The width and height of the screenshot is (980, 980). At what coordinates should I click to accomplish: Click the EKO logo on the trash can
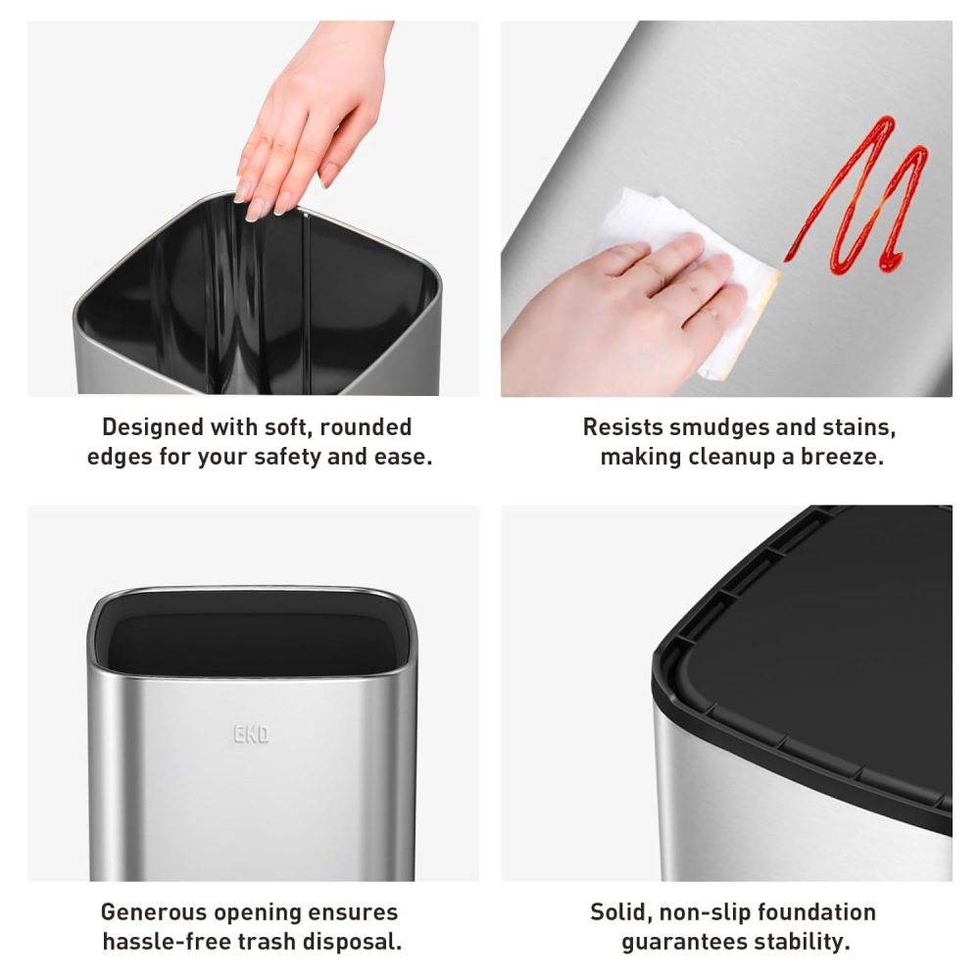(251, 734)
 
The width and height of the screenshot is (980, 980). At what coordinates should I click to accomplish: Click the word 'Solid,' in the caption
(620, 912)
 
